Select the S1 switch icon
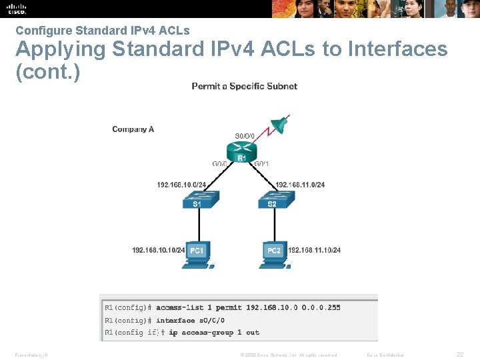[x=197, y=199]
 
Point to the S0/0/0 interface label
[x=245, y=136]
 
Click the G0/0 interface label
[x=221, y=163]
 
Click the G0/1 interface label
[x=262, y=163]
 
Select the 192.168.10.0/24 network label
[x=182, y=185]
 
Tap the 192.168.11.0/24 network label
[x=300, y=185]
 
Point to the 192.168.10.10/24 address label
[x=159, y=250]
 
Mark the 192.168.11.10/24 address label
[x=314, y=250]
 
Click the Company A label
[x=133, y=129]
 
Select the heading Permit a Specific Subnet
[x=244, y=86]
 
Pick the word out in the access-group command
[x=253, y=333]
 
